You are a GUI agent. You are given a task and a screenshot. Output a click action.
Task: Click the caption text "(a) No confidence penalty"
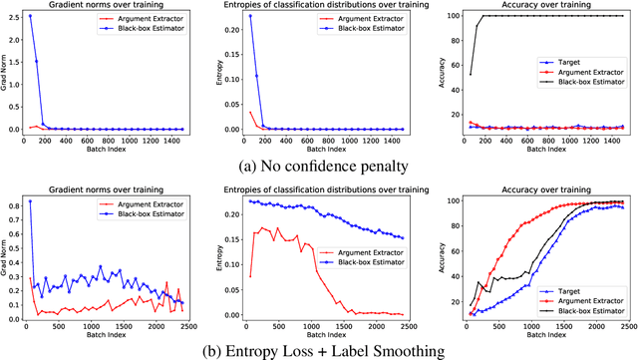click(x=317, y=166)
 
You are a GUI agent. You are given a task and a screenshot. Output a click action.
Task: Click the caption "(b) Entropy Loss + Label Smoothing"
click(x=317, y=349)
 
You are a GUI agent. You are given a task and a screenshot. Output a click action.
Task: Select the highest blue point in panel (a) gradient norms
click(x=32, y=16)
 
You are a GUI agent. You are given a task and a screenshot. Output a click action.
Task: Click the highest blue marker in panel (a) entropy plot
click(x=249, y=16)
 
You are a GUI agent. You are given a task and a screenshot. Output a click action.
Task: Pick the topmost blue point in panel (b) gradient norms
click(x=32, y=201)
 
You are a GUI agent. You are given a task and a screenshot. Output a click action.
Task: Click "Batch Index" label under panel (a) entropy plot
click(x=319, y=150)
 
